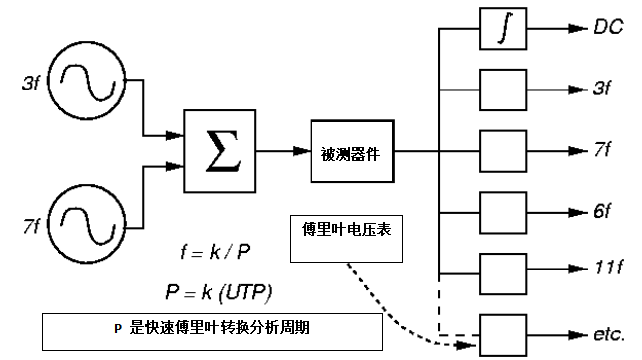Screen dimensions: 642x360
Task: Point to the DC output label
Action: click(608, 27)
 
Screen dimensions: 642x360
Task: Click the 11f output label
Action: click(608, 268)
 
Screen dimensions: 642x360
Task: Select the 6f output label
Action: click(602, 212)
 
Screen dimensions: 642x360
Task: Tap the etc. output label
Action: click(609, 334)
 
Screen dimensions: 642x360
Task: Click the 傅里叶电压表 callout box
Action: click(347, 239)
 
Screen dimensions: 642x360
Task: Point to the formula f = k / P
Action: click(216, 252)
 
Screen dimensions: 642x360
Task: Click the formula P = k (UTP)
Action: click(219, 292)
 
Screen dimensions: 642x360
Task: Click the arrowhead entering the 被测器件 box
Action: click(302, 151)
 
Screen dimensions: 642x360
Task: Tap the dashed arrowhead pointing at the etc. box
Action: click(466, 346)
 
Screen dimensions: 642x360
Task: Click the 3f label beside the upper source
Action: click(31, 83)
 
